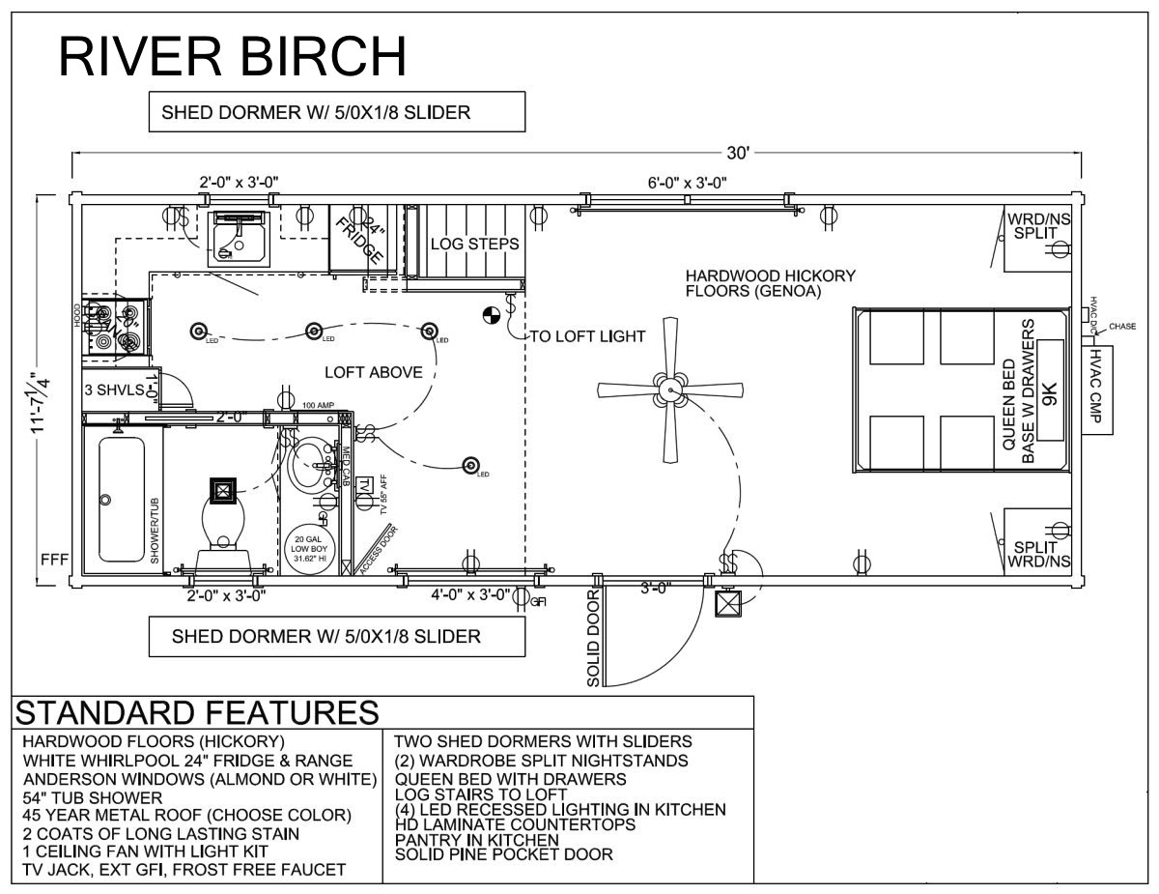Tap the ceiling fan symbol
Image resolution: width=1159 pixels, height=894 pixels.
(670, 390)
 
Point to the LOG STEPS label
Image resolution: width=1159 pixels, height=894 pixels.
(474, 244)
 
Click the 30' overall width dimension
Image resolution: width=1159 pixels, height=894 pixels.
(738, 154)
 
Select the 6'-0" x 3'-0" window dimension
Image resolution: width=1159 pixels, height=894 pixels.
(687, 182)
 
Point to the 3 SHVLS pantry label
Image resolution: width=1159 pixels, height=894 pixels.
(114, 389)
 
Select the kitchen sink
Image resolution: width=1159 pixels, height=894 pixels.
(237, 238)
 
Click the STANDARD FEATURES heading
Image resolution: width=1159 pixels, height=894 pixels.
(197, 712)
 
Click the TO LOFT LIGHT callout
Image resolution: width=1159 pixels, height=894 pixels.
(587, 336)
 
